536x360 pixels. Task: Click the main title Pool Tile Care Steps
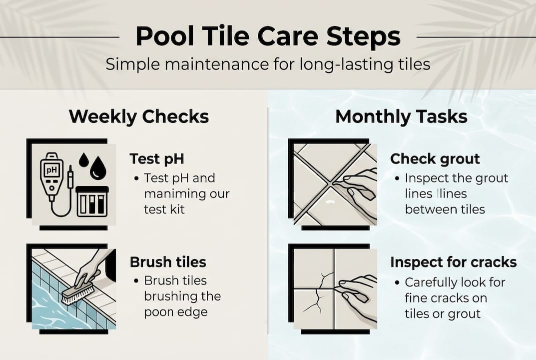point(268,36)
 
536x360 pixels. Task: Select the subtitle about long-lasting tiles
point(268,64)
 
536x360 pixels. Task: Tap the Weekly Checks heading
point(138,116)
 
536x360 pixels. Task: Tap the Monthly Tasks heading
point(401,116)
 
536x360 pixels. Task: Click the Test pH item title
point(156,158)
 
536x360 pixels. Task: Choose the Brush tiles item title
point(168,261)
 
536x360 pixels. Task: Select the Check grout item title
point(435,158)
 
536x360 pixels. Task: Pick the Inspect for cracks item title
point(453,262)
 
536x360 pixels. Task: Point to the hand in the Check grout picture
point(357,187)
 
